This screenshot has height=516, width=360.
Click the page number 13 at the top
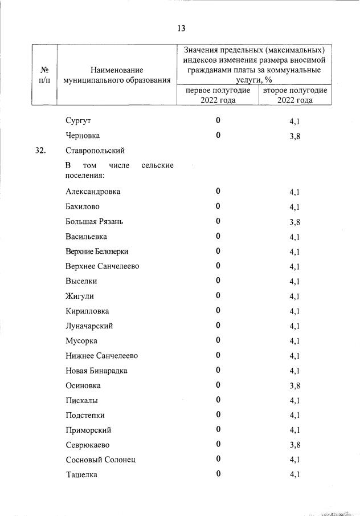pyautogui.click(x=181, y=29)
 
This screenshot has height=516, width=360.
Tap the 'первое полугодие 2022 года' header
pyautogui.click(x=218, y=95)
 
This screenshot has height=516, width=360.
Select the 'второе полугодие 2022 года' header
pyautogui.click(x=295, y=95)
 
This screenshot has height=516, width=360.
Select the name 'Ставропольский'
pyautogui.click(x=95, y=151)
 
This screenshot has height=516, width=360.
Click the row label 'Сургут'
pyautogui.click(x=79, y=121)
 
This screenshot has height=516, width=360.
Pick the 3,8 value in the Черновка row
pyautogui.click(x=294, y=136)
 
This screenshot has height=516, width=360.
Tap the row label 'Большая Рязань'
pyautogui.click(x=94, y=221)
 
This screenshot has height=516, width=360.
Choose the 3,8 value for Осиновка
pyautogui.click(x=294, y=386)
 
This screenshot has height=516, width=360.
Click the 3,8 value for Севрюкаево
pyautogui.click(x=294, y=445)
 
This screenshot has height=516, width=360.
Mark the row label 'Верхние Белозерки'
pyautogui.click(x=97, y=251)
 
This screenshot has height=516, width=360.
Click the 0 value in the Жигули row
pyautogui.click(x=218, y=295)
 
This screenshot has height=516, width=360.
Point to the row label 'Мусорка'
pyautogui.click(x=81, y=341)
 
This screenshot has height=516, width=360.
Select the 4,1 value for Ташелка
pyautogui.click(x=294, y=475)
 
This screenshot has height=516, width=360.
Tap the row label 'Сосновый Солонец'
pyautogui.click(x=100, y=460)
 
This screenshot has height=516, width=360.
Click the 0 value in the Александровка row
pyautogui.click(x=218, y=191)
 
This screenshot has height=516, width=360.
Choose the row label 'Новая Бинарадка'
pyautogui.click(x=96, y=371)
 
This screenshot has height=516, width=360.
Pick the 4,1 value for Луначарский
pyautogui.click(x=294, y=326)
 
